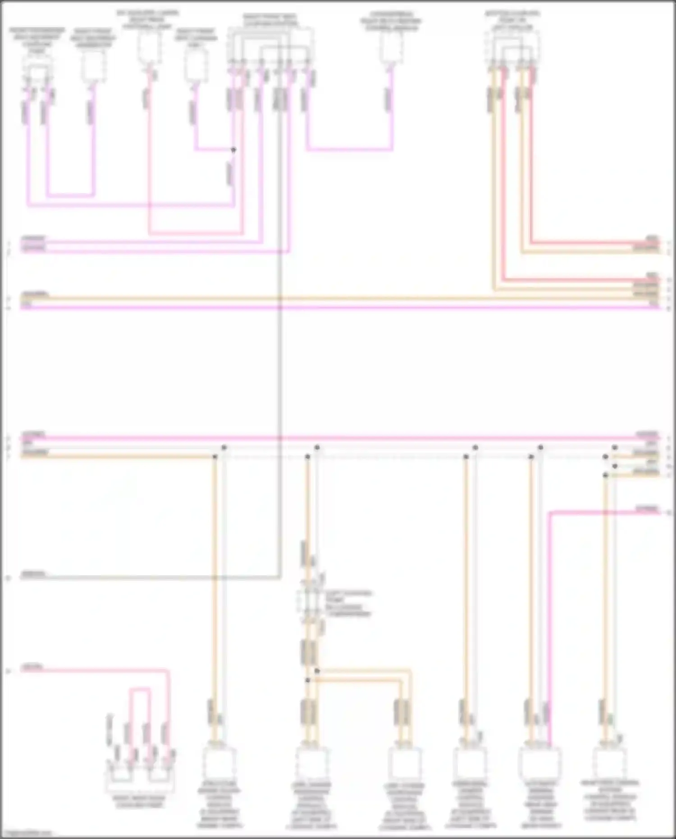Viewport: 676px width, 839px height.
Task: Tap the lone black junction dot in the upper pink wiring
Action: click(233, 150)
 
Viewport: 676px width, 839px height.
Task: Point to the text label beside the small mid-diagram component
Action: click(348, 603)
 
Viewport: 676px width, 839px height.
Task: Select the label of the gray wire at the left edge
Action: click(34, 574)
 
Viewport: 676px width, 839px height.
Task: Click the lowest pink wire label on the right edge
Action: click(648, 509)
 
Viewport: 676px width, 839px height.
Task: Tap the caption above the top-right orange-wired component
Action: click(512, 20)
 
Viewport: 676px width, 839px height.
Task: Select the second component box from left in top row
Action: click(93, 67)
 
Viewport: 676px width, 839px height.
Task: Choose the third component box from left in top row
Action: click(149, 47)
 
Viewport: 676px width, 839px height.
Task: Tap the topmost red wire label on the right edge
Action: click(652, 238)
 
